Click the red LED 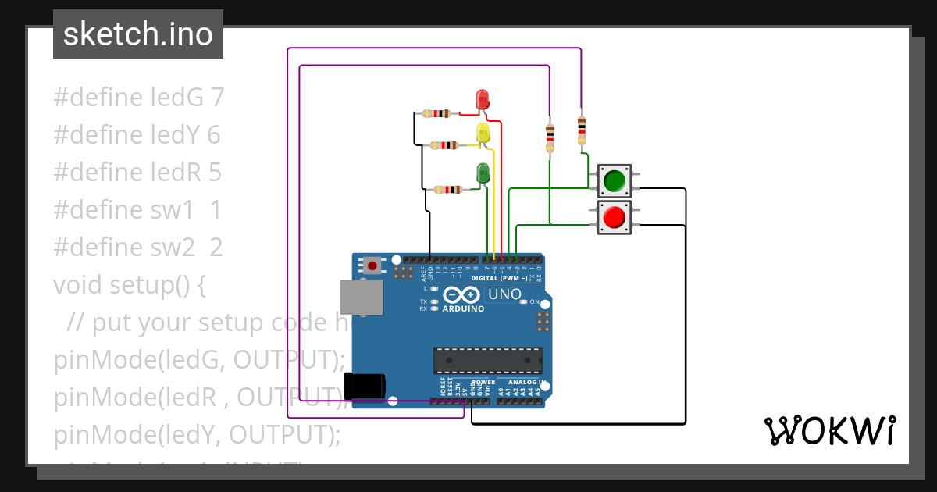click(482, 98)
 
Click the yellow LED click(483, 132)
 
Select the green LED click(483, 173)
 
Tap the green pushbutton click(614, 180)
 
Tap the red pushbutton click(614, 216)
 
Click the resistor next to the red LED click(436, 114)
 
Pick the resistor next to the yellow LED click(444, 144)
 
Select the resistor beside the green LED click(447, 189)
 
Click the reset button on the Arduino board click(372, 266)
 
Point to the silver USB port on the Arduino click(362, 298)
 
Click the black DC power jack click(365, 386)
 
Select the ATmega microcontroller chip click(488, 360)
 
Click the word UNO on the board click(504, 294)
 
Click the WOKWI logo click(829, 430)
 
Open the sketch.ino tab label click(138, 34)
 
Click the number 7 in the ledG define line click(218, 98)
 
